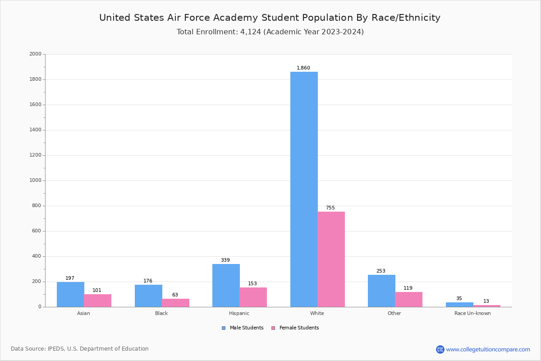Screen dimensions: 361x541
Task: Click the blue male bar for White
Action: coord(304,190)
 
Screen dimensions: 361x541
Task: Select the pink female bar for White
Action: coord(331,259)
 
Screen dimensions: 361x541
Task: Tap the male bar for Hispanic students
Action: coord(226,285)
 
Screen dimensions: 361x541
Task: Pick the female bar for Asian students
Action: coord(97,301)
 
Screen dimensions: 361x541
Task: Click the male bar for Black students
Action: coord(148,296)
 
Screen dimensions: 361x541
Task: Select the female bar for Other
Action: coord(408,299)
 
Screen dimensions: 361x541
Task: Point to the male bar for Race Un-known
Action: coord(459,305)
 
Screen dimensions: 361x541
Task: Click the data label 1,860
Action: coord(303,68)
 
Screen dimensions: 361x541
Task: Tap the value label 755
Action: coord(330,208)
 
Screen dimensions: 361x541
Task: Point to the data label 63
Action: coord(175,295)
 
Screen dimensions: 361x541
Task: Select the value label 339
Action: coord(225,260)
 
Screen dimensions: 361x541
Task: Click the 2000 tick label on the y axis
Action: coord(35,54)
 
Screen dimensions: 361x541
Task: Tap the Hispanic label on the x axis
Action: coord(239,314)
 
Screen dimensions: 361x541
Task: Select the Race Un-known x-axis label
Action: coord(472,314)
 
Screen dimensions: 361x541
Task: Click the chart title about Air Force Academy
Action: coord(270,18)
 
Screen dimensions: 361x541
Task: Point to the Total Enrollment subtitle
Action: coord(270,32)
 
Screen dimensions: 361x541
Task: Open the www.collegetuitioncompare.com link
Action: coord(488,350)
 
